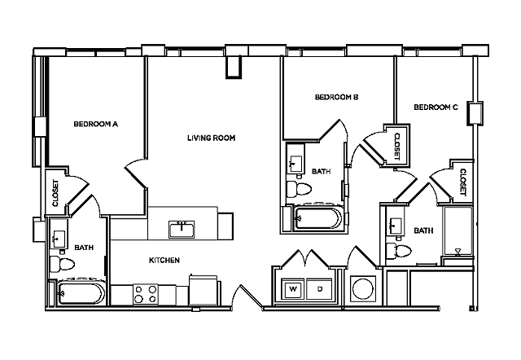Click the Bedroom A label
[96, 125]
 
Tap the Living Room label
[211, 138]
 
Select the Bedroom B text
[337, 98]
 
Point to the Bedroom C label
[436, 108]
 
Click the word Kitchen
[164, 261]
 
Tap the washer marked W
[292, 288]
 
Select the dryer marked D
[319, 288]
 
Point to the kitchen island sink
[182, 228]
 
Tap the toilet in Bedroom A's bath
[60, 263]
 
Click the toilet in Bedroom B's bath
[300, 190]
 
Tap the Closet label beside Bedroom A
[56, 193]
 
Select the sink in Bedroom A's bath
[59, 239]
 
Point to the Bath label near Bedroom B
[320, 171]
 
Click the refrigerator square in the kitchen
[203, 290]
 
